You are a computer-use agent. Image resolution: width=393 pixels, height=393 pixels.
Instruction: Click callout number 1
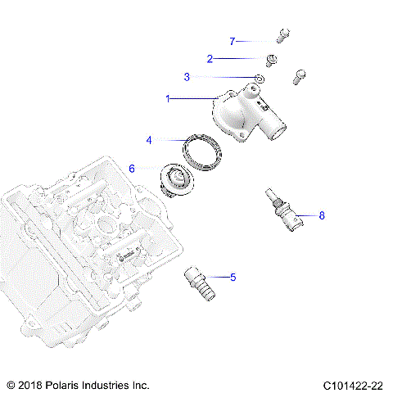click(169, 98)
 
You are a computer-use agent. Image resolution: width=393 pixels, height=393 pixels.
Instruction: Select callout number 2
click(210, 58)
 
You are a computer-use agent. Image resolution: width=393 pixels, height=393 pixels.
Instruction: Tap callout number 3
click(187, 77)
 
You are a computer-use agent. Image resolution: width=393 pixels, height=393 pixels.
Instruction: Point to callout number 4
click(150, 140)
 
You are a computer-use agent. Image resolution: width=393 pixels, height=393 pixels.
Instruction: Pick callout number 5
click(233, 278)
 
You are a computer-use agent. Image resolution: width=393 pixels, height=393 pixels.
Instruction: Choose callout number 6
click(132, 169)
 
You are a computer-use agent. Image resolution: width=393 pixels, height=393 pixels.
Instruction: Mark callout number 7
click(232, 40)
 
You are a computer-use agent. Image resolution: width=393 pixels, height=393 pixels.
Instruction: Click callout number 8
click(322, 216)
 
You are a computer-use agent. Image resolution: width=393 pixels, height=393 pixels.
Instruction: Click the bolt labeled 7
click(282, 35)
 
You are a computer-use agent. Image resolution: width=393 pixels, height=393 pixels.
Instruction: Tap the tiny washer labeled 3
click(259, 79)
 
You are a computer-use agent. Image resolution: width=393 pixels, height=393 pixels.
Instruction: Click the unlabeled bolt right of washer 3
click(300, 77)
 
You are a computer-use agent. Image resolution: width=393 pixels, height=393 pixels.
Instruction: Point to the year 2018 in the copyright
click(34, 383)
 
